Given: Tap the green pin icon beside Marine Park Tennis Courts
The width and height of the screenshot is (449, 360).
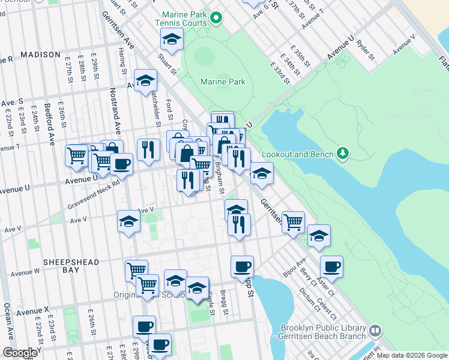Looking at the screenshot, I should pyautogui.click(x=214, y=18).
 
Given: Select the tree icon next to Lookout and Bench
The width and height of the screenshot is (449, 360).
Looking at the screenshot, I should pyautogui.click(x=343, y=154).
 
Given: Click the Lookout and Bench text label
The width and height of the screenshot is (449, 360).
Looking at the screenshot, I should pyautogui.click(x=300, y=154).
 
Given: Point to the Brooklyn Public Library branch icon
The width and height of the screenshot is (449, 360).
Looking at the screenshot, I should pyautogui.click(x=375, y=331).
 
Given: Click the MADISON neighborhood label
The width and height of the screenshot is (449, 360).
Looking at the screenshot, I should pyautogui.click(x=40, y=55).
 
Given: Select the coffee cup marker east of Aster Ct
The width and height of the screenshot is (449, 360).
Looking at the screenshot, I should pyautogui.click(x=331, y=266).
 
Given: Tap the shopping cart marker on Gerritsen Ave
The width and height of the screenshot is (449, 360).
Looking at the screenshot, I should pyautogui.click(x=293, y=222).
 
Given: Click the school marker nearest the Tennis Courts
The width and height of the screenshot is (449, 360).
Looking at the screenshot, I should pyautogui.click(x=172, y=40).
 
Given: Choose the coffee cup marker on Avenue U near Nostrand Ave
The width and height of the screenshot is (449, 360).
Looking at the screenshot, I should pyautogui.click(x=121, y=164).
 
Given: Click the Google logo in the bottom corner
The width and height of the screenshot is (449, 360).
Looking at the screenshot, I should pyautogui.click(x=20, y=353).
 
